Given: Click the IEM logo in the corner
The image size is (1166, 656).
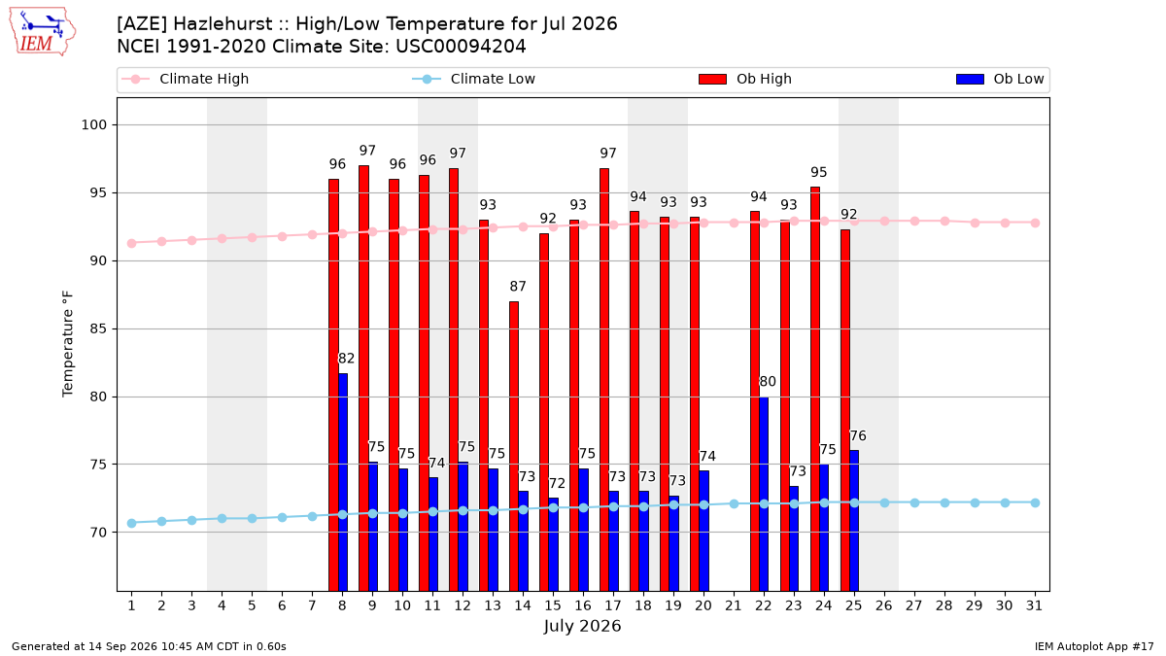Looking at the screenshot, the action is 43,32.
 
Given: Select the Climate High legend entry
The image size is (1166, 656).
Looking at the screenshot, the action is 186,79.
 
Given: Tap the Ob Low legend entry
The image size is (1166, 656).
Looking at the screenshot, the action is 1000,79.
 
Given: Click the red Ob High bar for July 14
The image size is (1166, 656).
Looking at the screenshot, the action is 514,446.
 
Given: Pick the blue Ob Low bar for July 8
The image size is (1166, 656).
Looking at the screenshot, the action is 343,482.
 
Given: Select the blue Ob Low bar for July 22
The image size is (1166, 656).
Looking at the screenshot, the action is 764,494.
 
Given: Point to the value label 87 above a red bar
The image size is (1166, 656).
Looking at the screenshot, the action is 517,287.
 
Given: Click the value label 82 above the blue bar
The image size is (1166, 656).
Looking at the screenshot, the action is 346,359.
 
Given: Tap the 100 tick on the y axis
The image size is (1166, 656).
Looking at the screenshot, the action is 93,125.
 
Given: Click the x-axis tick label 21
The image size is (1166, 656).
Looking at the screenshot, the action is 733,605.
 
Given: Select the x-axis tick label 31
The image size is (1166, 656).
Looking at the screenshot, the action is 1034,605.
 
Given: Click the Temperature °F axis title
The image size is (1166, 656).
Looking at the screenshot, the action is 68,344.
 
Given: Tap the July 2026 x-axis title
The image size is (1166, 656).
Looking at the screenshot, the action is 582,626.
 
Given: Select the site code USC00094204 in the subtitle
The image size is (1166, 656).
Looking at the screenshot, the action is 461,47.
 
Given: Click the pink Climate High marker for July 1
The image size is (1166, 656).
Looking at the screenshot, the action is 132,243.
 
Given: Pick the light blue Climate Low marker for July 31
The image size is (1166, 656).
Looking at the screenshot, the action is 1035,503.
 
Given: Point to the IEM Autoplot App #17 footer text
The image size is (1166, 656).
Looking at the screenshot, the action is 1094,646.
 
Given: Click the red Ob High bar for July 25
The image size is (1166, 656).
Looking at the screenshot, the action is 844,410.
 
